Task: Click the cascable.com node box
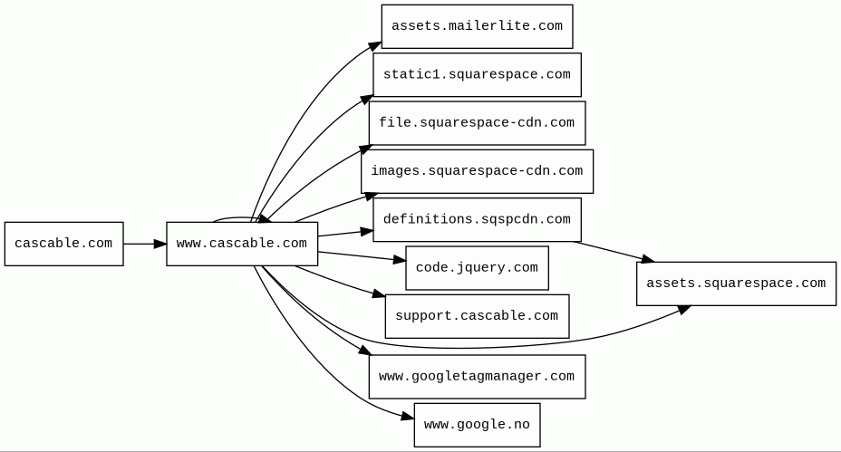[63, 244]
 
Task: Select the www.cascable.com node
[242, 244]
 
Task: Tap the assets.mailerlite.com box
[477, 26]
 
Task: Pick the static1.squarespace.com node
[477, 74]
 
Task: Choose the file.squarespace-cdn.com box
[477, 123]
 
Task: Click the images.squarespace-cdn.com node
[477, 171]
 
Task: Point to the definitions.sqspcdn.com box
[477, 219]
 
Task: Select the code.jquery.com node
[477, 267]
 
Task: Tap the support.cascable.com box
[477, 316]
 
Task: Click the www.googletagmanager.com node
[477, 377]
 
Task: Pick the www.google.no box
[477, 425]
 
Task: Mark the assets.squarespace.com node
[736, 284]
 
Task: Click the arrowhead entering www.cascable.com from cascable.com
[159, 244]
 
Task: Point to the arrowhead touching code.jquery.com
[400, 261]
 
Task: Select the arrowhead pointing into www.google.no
[408, 416]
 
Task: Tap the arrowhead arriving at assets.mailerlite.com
[375, 46]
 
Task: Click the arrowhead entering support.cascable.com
[379, 293]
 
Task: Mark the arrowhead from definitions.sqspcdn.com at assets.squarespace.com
[647, 259]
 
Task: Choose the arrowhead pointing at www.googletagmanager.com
[364, 351]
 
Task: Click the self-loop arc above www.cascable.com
[236, 217]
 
